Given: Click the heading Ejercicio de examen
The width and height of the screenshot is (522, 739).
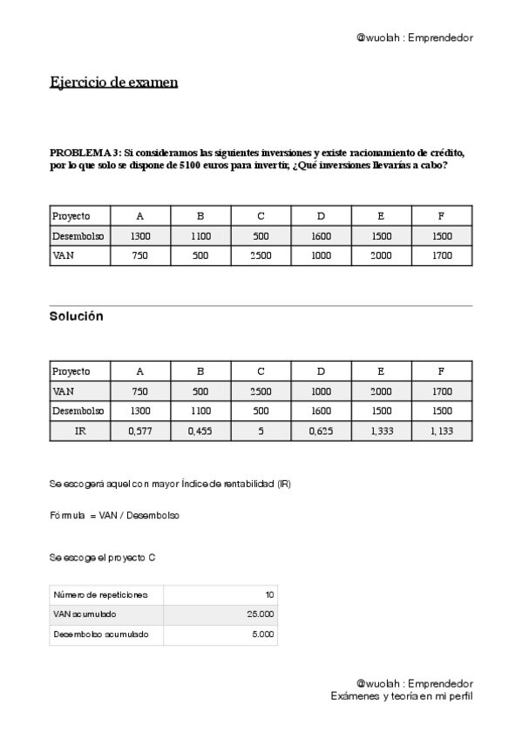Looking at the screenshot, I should [x=113, y=83].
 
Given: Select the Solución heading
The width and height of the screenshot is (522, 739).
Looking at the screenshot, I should [x=76, y=316].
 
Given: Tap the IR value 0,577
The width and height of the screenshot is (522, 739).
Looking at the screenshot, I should [x=140, y=431].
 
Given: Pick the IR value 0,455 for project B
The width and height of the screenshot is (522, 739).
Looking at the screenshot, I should [x=200, y=431].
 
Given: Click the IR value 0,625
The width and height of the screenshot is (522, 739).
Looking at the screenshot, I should [x=321, y=431].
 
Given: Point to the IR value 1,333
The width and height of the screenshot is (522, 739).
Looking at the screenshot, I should [x=382, y=431].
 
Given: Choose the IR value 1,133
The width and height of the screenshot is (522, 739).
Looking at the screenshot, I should [x=442, y=431].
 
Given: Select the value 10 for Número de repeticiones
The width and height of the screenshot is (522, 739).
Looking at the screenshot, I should [x=269, y=595].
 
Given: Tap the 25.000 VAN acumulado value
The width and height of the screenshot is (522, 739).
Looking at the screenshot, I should [x=261, y=615].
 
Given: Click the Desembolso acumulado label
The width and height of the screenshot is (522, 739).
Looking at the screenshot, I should [x=100, y=635].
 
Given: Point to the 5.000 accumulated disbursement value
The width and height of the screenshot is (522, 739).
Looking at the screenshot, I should [x=263, y=635].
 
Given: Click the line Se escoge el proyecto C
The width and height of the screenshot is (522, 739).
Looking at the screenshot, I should [x=103, y=556].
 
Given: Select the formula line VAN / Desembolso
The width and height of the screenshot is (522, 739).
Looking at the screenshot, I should [x=114, y=516].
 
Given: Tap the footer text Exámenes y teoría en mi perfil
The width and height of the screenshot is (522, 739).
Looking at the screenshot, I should [x=402, y=696].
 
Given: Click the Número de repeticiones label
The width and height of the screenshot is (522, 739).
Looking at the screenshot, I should [x=100, y=595].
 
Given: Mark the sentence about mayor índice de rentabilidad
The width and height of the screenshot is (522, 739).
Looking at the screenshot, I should [x=170, y=484].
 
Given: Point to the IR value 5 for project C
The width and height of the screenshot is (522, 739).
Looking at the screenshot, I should [x=261, y=431].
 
